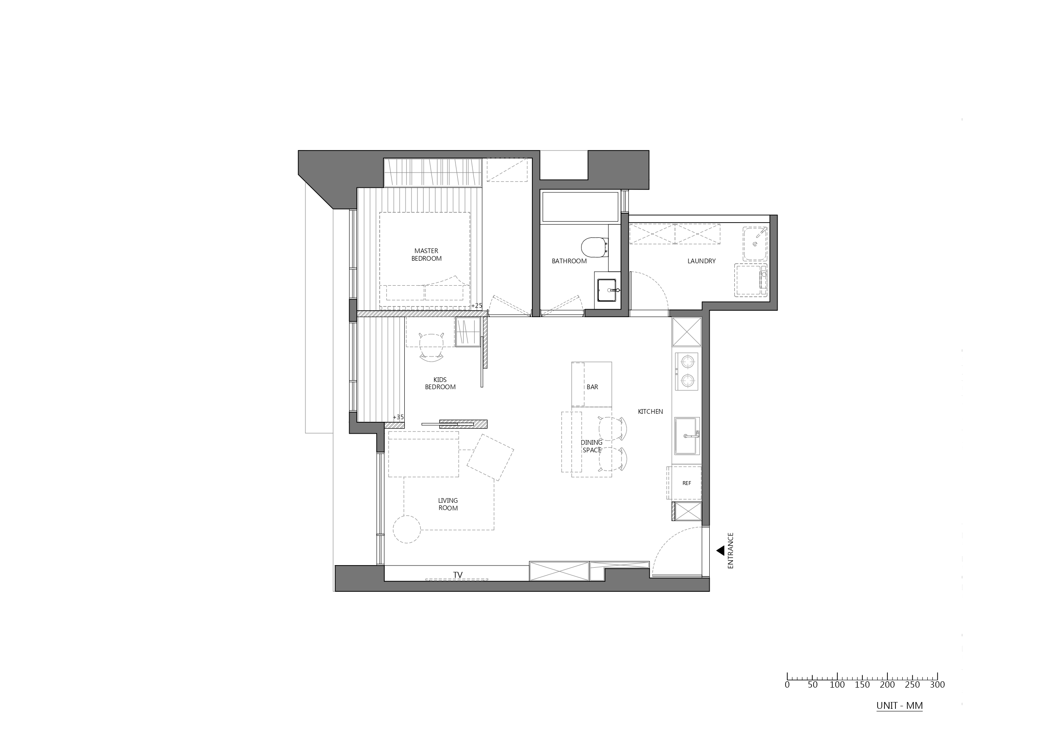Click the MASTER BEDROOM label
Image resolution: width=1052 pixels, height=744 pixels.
point(426,255)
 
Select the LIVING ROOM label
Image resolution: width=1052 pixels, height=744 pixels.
point(448,504)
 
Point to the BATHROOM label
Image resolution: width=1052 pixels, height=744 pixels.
point(569,261)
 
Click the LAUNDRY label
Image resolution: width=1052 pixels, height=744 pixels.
point(701,261)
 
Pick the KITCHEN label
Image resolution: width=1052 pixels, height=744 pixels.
point(650,411)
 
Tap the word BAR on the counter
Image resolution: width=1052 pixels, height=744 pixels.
point(592,387)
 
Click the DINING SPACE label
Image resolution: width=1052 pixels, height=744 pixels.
point(591,446)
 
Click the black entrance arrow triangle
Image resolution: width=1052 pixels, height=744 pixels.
point(721,550)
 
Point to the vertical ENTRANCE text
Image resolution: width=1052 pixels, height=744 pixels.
point(730,550)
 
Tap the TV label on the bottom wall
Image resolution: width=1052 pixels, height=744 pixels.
point(457,575)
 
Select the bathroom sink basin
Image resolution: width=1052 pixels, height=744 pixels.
point(608,290)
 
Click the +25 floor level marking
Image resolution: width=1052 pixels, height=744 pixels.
point(477,306)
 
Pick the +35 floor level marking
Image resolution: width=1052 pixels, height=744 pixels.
point(398,417)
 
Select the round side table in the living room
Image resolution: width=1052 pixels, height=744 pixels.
point(407,529)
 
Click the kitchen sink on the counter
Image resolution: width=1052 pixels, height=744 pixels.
point(686,436)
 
